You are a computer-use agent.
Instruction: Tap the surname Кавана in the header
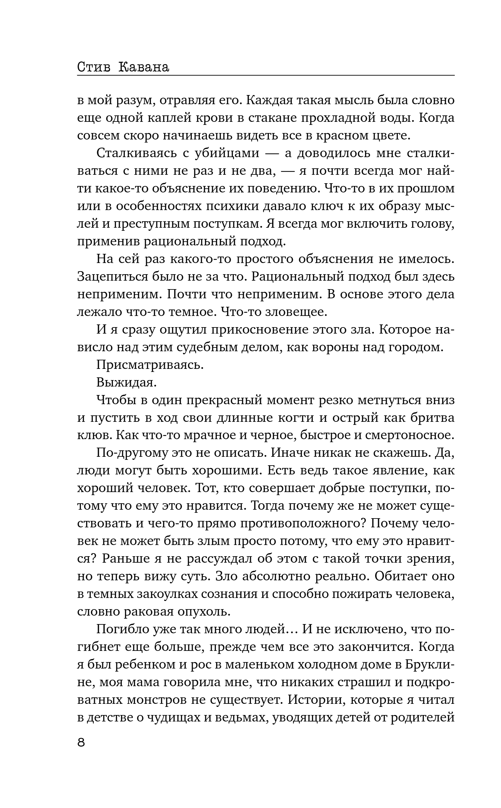[144, 67]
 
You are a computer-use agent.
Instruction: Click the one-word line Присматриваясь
[150, 365]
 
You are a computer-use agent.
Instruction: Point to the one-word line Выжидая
[126, 382]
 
